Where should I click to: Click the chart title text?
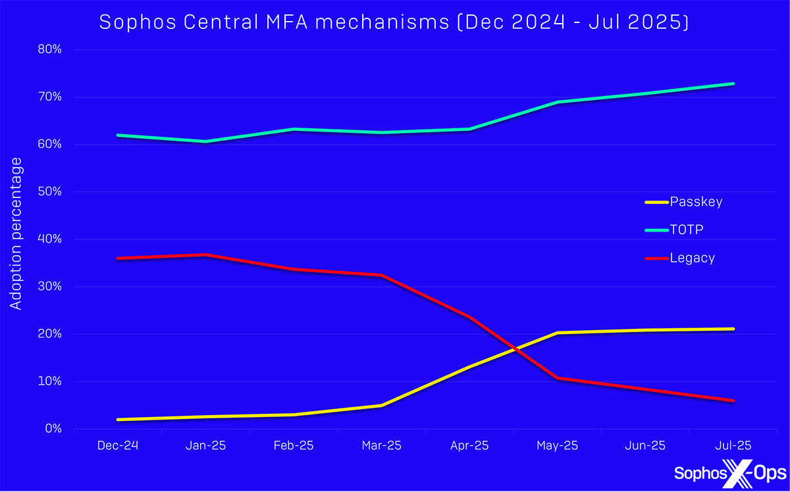394,22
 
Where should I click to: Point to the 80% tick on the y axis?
48,49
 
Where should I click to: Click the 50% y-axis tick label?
48,191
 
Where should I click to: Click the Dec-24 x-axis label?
118,445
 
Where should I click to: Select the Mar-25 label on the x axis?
382,445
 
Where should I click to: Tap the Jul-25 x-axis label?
733,445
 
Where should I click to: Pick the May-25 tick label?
557,445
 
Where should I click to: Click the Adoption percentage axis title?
16,234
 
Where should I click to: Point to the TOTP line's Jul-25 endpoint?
733,84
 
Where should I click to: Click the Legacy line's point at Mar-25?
382,275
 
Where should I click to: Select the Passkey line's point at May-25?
557,333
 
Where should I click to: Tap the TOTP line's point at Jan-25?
206,141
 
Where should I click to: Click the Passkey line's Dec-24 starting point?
118,420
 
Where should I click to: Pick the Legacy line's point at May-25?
557,378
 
